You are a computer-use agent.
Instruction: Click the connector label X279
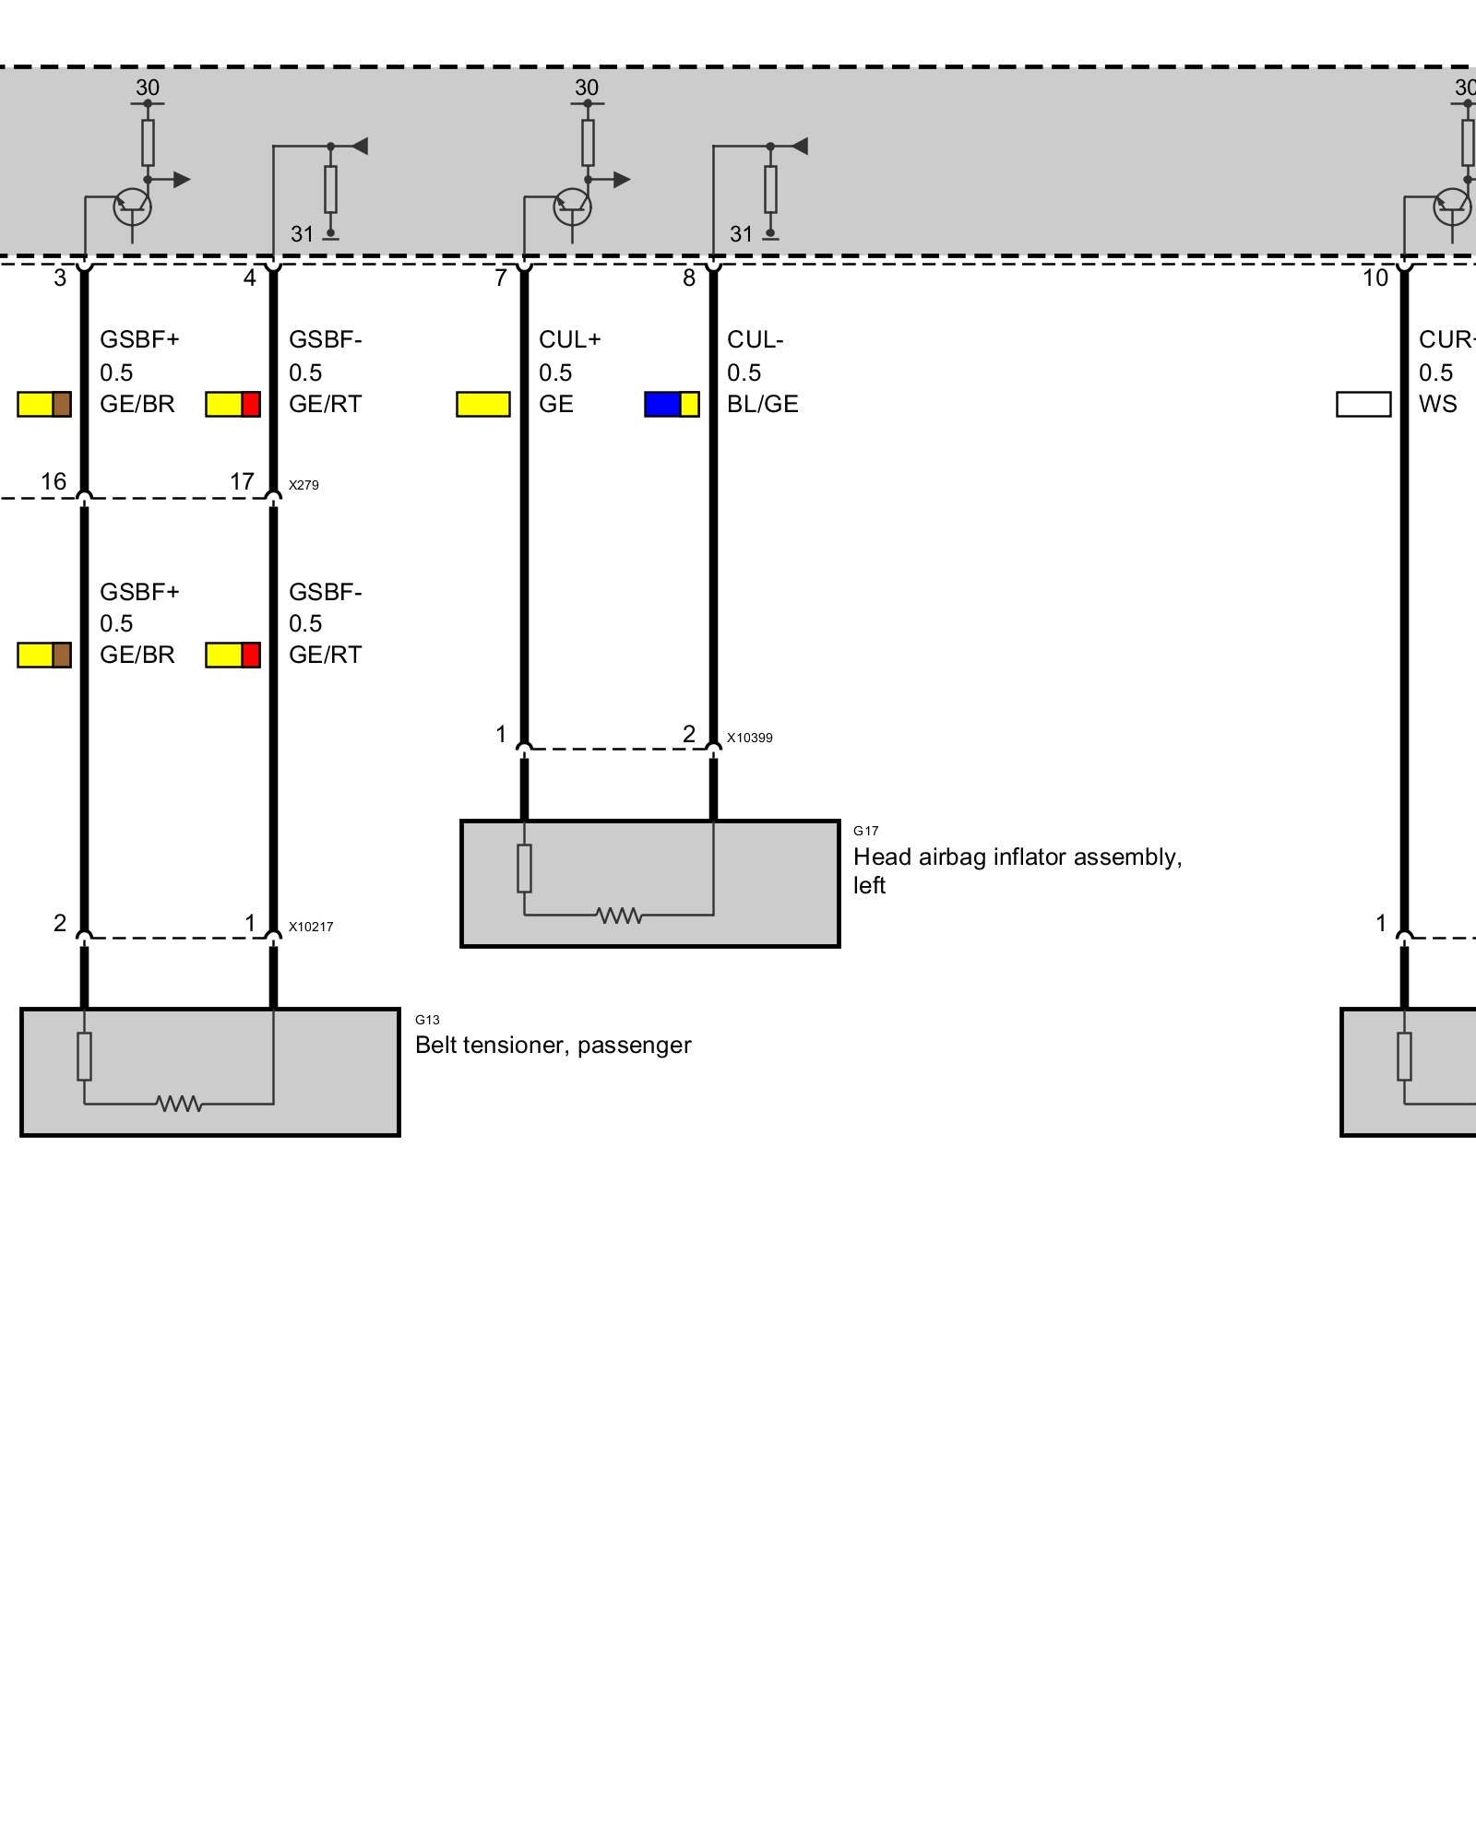(304, 485)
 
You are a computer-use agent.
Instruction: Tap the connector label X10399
(749, 738)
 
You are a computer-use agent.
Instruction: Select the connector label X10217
(311, 927)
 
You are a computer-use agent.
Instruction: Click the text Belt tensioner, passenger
(553, 1045)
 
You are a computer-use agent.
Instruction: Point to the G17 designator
(865, 831)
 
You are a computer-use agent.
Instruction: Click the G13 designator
(427, 1020)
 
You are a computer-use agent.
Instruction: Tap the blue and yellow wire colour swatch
(672, 404)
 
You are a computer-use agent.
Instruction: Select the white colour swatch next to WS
(1363, 404)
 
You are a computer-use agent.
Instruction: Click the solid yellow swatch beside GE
(483, 404)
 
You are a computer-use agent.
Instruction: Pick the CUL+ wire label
(570, 339)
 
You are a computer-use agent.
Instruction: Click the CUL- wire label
(755, 339)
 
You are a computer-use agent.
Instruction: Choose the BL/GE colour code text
(762, 404)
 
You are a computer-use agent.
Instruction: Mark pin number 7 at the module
(500, 278)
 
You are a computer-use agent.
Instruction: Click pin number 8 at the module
(688, 278)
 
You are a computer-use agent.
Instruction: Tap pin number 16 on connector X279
(54, 481)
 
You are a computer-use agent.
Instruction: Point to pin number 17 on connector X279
(242, 481)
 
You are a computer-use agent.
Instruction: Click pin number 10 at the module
(1375, 278)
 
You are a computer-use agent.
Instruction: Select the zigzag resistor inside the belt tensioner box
(179, 1103)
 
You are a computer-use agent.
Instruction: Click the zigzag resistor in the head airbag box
(619, 915)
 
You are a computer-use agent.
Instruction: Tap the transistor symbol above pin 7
(572, 207)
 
